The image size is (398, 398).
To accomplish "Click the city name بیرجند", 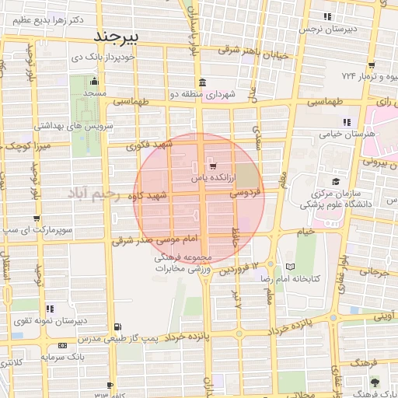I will [x=115, y=37].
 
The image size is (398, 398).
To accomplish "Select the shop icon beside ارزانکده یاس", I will [x=212, y=166].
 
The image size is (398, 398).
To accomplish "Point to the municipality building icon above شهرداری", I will [x=202, y=83].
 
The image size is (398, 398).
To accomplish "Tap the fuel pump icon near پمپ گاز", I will [x=117, y=327].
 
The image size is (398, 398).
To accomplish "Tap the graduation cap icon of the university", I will [x=335, y=172].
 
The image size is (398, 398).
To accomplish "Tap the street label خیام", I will [x=305, y=231].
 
